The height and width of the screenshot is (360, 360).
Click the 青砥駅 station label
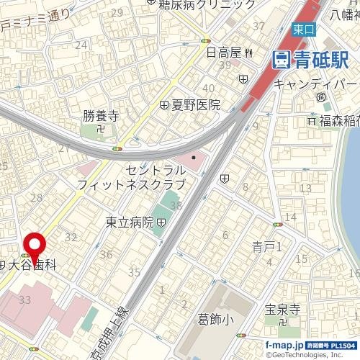(x=316, y=60)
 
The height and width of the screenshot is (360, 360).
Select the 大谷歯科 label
(x=31, y=265)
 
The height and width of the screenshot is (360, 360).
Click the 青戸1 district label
(x=267, y=246)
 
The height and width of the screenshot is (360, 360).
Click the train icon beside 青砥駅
(x=281, y=60)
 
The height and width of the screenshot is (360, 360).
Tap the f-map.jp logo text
(x=284, y=346)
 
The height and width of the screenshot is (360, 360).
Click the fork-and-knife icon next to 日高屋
(x=248, y=52)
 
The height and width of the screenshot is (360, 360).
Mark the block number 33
(x=26, y=299)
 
